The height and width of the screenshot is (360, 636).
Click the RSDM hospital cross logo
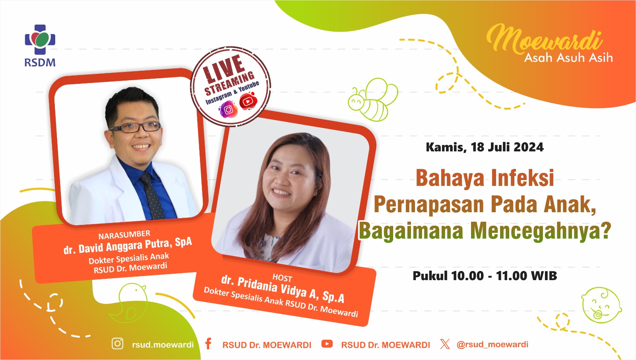40,39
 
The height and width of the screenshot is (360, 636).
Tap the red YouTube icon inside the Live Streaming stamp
248,101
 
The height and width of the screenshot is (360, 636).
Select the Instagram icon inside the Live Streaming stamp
228,109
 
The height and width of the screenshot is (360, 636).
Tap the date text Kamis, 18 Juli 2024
485,147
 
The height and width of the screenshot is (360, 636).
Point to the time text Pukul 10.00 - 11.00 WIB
485,276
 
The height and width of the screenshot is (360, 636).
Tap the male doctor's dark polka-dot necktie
152,195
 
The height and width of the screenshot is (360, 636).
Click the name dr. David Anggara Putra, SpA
128,246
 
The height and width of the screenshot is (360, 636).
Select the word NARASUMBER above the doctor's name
124,235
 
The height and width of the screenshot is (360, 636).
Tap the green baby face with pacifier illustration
601,305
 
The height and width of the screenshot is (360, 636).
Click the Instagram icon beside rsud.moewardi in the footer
117,344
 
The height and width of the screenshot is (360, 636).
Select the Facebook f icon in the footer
208,344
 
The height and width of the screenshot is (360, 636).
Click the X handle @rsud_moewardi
493,345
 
